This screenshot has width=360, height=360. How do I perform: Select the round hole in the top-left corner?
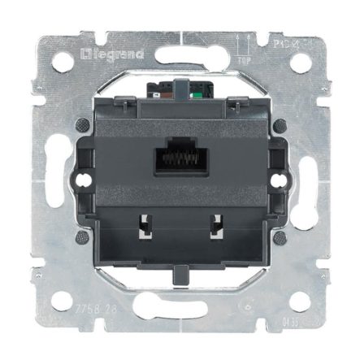[62, 62]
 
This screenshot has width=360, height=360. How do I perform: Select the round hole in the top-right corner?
[300, 62]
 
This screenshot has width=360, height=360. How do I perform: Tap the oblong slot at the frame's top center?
[180, 40]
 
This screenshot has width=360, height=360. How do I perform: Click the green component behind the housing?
[200, 92]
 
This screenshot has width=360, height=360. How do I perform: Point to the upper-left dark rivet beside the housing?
[81, 124]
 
